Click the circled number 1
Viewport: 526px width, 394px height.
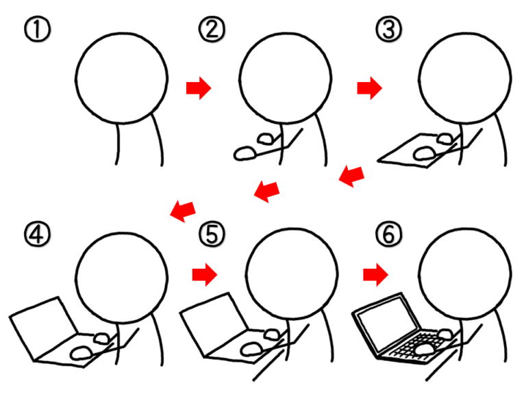click(x=37, y=29)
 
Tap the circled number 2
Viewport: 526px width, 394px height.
click(x=212, y=29)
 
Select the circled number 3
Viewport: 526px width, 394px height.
click(x=388, y=29)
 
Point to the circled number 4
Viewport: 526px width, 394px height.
click(x=37, y=234)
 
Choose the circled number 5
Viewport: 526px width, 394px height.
click(x=212, y=234)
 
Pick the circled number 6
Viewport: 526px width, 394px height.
click(x=388, y=234)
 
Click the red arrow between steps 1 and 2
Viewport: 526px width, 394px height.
click(x=199, y=88)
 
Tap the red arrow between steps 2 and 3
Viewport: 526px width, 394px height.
click(x=370, y=88)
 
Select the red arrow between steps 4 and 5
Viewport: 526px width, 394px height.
click(x=205, y=275)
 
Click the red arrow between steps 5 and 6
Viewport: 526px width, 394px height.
click(x=376, y=275)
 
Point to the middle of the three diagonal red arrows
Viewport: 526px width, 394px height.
click(x=267, y=192)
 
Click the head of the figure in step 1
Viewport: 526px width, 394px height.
click(x=121, y=78)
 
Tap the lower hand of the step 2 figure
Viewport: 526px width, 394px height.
click(x=246, y=153)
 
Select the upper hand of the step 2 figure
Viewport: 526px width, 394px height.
click(x=266, y=138)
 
